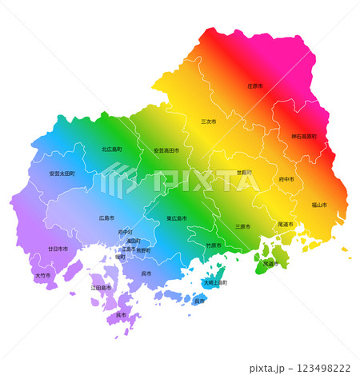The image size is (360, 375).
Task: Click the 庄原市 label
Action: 255,86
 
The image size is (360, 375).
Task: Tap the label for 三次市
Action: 209,122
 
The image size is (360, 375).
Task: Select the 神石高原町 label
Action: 304,137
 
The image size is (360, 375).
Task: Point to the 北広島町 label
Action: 112,150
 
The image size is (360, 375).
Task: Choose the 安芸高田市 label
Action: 166,150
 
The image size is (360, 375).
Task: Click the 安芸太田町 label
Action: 62,174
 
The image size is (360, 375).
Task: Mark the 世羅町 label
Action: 243,173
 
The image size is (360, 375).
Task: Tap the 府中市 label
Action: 286,180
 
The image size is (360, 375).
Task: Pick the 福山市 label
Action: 318,205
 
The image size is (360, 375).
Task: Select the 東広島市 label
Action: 178,218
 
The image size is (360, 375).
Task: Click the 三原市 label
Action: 242,226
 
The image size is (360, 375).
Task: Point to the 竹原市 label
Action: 214,245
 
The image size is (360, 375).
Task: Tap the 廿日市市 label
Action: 58,249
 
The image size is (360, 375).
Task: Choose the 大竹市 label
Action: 42,276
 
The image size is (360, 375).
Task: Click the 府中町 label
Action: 126,232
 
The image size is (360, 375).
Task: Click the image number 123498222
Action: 323,368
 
